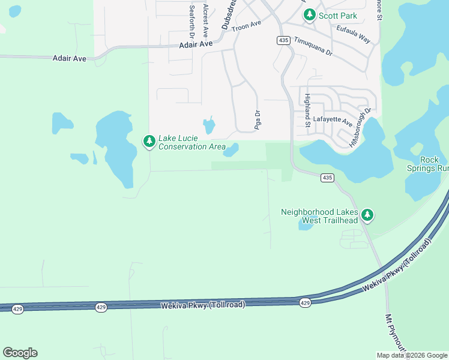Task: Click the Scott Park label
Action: point(338,16)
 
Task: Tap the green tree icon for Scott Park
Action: point(310,16)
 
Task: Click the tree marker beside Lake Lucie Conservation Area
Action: point(148,142)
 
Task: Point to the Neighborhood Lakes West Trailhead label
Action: point(319,216)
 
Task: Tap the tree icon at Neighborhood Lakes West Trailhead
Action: point(367,214)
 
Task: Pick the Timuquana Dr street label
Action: point(313,46)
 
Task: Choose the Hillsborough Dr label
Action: point(360,127)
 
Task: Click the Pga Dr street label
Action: point(258,119)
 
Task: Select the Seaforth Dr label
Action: point(191,19)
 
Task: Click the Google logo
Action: point(20,353)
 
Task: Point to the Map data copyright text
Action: point(412,355)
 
